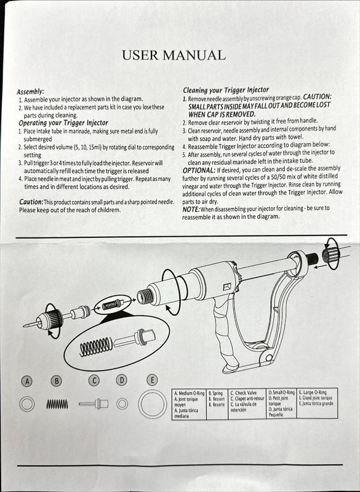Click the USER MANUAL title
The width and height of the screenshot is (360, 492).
pos(174,55)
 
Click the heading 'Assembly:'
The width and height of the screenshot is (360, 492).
pos(30,91)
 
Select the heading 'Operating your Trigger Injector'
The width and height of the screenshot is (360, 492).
pos(63,123)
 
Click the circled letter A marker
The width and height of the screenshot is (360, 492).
pos(26,381)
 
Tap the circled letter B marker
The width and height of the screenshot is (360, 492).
pos(57,381)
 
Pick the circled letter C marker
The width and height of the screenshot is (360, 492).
pos(94,380)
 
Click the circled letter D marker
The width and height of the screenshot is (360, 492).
pos(122,380)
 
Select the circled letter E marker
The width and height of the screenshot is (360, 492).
pos(151,379)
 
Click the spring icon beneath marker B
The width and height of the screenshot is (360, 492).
pos(57,404)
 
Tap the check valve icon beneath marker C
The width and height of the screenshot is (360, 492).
pos(94,404)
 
